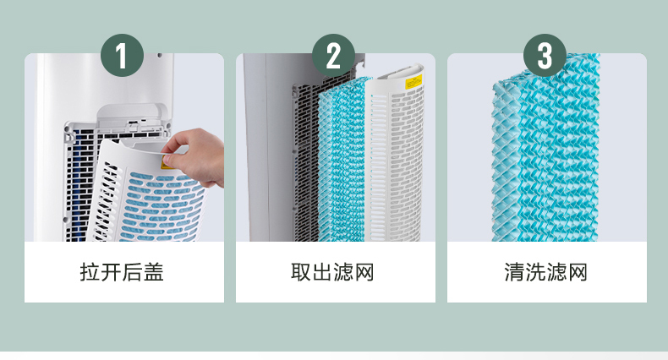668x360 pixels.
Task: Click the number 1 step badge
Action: [123, 55]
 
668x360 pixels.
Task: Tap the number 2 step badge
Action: [333, 55]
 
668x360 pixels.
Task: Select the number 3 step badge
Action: [545, 55]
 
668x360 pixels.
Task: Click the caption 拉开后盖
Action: [122, 272]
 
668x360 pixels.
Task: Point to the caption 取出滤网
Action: [332, 272]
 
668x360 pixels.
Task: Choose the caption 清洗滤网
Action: [545, 272]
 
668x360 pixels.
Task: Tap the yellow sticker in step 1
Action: [167, 162]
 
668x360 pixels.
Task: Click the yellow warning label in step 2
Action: [413, 82]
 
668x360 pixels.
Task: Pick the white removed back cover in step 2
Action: [395, 153]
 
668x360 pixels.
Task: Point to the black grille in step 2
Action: [305, 160]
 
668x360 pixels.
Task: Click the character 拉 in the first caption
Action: [90, 272]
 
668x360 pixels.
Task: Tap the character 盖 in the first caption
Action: [154, 272]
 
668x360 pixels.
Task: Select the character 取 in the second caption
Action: [301, 272]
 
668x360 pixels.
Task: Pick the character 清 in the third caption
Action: [514, 272]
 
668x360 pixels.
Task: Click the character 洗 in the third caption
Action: [535, 272]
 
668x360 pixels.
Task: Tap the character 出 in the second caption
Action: [322, 272]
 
